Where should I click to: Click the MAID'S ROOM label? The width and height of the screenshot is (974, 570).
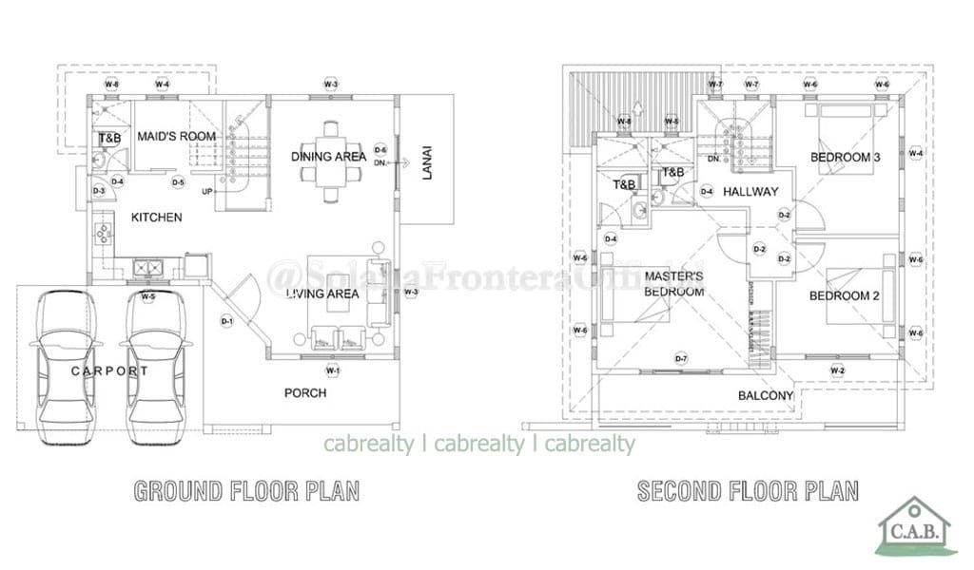click(177, 137)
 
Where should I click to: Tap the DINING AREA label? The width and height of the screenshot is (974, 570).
click(329, 157)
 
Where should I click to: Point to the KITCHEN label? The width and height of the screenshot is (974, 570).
click(156, 218)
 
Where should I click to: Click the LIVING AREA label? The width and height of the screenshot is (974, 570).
click(323, 294)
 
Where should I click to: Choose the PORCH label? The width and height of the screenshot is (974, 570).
click(305, 392)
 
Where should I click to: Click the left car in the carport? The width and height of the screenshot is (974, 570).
click(66, 363)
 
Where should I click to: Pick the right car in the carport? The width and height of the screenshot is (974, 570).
click(155, 363)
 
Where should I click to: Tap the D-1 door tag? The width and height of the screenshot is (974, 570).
click(227, 320)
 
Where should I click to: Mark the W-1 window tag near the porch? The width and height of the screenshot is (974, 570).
click(332, 370)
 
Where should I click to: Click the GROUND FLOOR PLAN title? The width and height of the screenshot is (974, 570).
click(246, 491)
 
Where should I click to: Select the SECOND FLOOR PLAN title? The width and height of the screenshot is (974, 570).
click(748, 491)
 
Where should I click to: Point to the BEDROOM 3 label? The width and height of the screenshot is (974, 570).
click(845, 157)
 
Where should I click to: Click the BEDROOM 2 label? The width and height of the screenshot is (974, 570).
click(844, 296)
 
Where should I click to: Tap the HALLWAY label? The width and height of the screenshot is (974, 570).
click(750, 192)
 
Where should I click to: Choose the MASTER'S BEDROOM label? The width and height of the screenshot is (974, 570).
click(673, 284)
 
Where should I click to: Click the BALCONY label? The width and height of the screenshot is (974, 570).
click(766, 396)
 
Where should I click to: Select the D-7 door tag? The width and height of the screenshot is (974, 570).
click(681, 358)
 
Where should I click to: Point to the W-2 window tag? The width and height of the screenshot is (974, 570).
click(838, 370)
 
